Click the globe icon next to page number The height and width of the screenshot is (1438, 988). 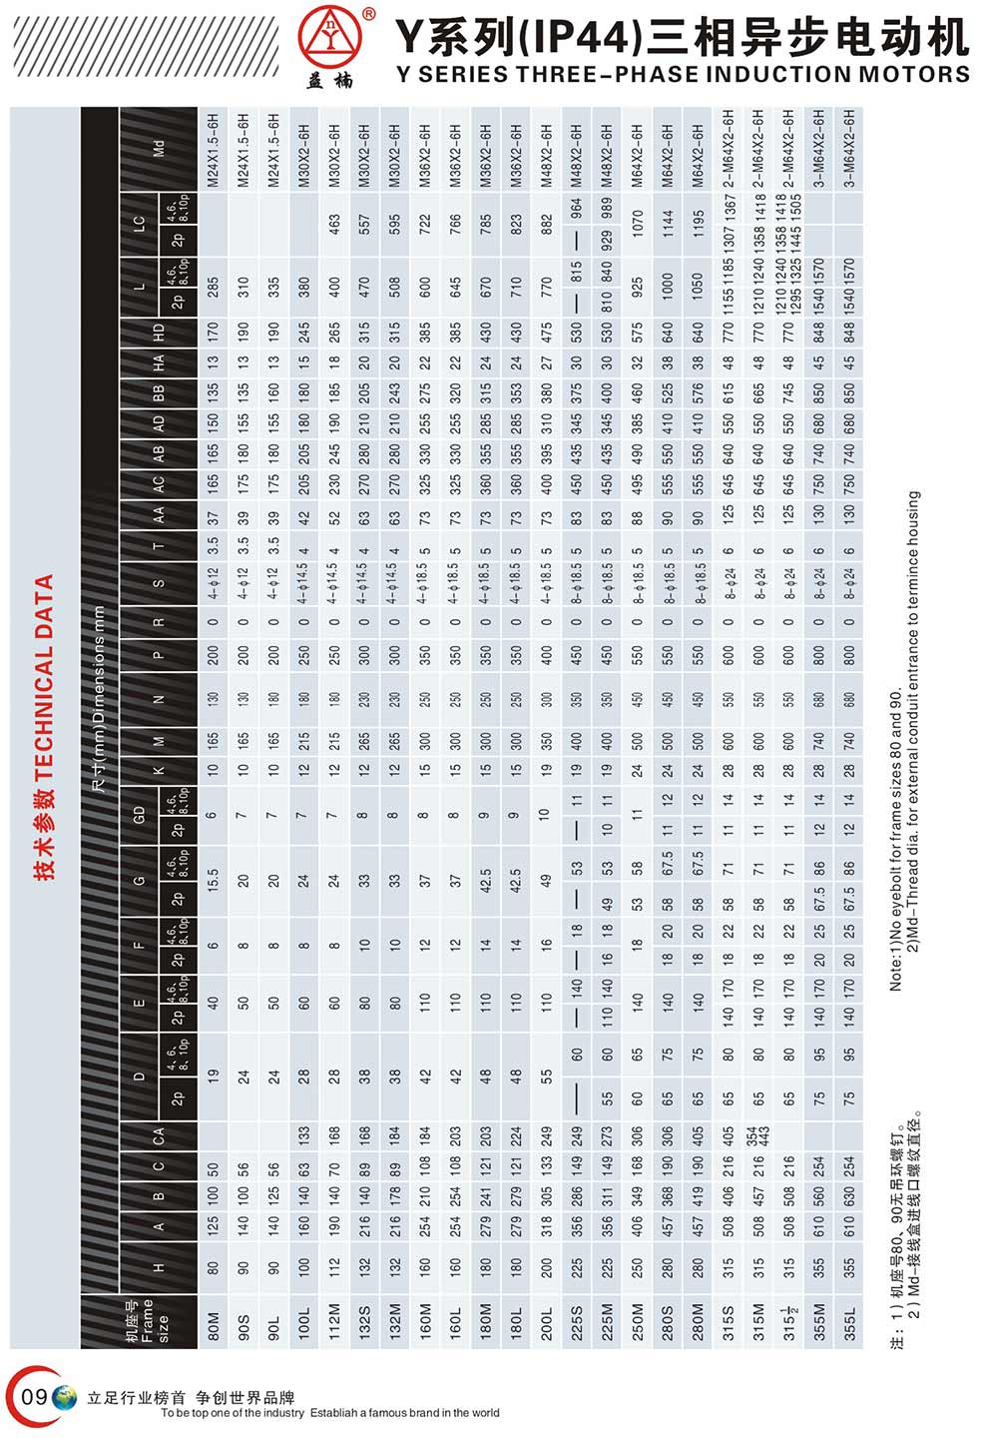[65, 1398]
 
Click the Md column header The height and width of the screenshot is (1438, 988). [159, 150]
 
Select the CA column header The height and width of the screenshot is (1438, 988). [159, 1135]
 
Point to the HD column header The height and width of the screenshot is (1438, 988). [159, 333]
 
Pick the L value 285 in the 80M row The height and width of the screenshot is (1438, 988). [212, 290]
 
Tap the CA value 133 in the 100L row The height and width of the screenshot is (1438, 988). [303, 1135]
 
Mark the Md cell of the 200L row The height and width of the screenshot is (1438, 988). [546, 150]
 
